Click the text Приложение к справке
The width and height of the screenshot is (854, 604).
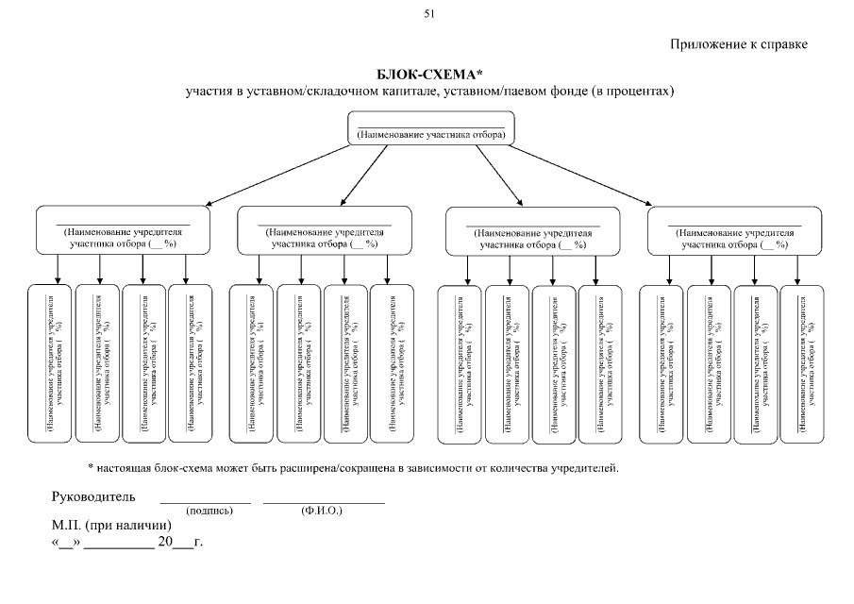(740, 44)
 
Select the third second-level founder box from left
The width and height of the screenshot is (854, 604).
(533, 231)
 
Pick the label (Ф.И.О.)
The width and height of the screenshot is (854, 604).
(322, 511)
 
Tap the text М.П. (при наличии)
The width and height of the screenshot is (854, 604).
(110, 525)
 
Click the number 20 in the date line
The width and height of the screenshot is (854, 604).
(165, 543)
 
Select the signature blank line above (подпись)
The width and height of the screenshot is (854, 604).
(205, 503)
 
